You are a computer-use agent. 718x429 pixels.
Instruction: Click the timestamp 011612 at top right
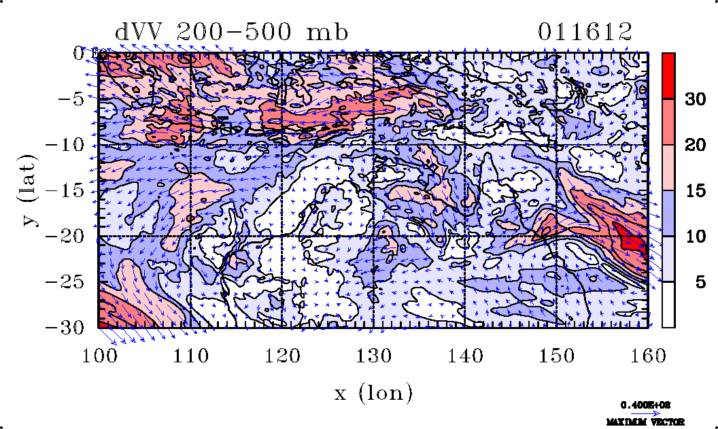(585, 32)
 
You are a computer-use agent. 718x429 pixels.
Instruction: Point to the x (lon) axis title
(373, 393)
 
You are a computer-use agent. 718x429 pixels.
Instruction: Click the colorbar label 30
(694, 99)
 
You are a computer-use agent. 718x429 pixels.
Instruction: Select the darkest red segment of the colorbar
(668, 75)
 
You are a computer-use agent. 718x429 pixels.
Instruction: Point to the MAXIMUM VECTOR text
(645, 422)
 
